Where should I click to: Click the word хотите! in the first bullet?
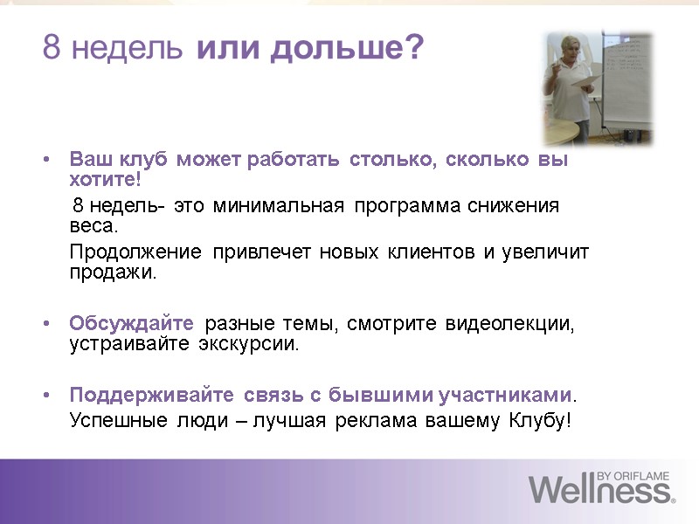tap(104, 180)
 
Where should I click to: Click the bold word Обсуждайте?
tap(131, 325)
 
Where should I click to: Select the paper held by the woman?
tap(582, 80)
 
